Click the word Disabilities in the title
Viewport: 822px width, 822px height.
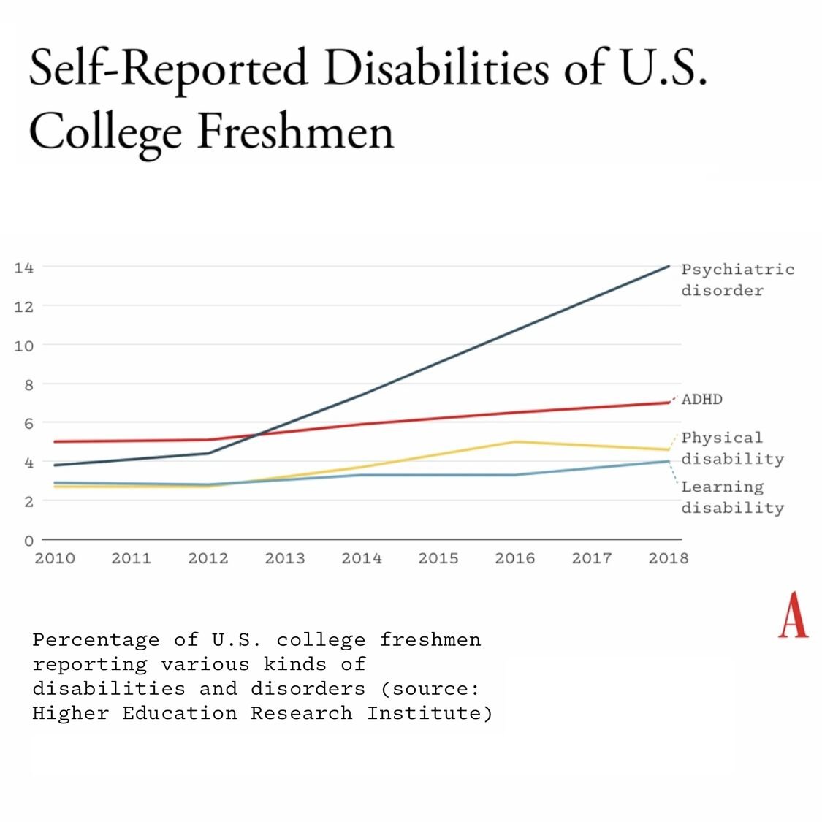point(436,69)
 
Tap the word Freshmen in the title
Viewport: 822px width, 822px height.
point(295,132)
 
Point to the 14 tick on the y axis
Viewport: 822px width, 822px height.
point(23,267)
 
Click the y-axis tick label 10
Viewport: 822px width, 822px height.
point(23,346)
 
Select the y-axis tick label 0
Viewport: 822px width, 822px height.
point(28,541)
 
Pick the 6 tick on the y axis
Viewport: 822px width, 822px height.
point(28,424)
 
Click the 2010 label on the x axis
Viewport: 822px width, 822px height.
point(55,559)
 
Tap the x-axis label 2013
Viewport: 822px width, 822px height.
point(285,559)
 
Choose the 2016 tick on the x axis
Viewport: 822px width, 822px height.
point(515,559)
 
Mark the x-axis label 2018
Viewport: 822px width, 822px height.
point(669,559)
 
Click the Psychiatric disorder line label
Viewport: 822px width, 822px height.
point(737,280)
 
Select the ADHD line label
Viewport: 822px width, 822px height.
point(702,400)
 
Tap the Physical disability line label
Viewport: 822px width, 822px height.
point(732,448)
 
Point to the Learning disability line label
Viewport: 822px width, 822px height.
point(732,497)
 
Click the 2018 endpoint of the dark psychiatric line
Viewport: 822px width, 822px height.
point(669,266)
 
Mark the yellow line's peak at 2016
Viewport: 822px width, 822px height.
point(515,441)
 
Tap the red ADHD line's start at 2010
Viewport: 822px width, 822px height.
point(56,441)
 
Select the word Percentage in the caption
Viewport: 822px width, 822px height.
point(96,641)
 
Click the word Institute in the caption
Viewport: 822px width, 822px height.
point(430,713)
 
